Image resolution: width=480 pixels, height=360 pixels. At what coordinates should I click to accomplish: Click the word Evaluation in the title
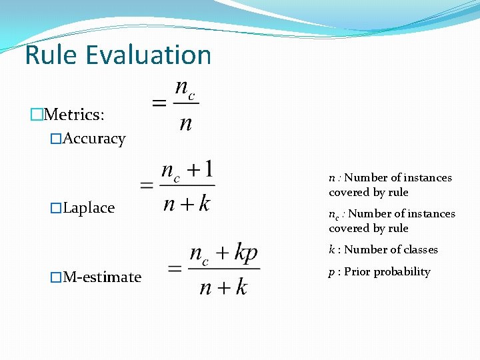pos(147,55)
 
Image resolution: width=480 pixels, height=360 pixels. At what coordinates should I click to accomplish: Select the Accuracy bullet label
pos(94,139)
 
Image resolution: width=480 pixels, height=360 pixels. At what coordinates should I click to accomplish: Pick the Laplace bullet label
pos(89,208)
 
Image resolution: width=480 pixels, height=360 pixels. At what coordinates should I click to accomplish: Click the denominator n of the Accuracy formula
pos(185,124)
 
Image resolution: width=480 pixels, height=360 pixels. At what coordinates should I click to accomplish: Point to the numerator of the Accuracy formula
pos(185,89)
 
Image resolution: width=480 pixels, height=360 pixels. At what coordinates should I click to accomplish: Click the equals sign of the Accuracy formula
pos(159,104)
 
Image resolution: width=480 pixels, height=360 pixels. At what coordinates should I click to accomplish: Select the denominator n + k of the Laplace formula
pos(186,203)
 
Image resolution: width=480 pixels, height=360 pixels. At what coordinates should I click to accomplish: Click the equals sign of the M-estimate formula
pos(175,269)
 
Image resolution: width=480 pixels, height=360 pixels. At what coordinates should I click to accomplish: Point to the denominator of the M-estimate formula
pos(223,287)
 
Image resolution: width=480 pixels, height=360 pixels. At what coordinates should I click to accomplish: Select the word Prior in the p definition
pos(357,272)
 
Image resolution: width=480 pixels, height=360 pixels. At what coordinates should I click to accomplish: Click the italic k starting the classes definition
pos(331,250)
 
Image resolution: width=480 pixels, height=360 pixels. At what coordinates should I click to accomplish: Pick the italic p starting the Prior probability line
pos(331,273)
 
